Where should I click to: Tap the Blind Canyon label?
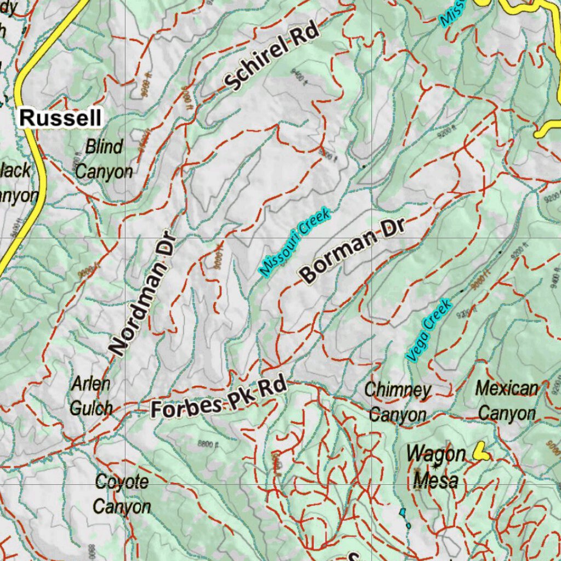pyautogui.click(x=104, y=159)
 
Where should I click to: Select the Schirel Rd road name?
pyautogui.click(x=272, y=58)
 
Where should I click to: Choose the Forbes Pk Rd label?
pyautogui.click(x=219, y=398)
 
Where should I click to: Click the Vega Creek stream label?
pyautogui.click(x=429, y=329)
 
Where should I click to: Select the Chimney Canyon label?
pyautogui.click(x=398, y=402)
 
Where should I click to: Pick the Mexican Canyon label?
pyautogui.click(x=507, y=400)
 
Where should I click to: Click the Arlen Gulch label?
pyautogui.click(x=91, y=396)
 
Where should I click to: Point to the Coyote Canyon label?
pyautogui.click(x=122, y=494)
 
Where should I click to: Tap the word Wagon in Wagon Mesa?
pyautogui.click(x=436, y=454)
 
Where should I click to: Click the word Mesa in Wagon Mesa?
pyautogui.click(x=436, y=480)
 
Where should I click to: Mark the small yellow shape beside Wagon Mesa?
pyautogui.click(x=482, y=451)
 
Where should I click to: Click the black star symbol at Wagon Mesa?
pyautogui.click(x=436, y=466)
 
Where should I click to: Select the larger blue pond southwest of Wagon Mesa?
pyautogui.click(x=403, y=512)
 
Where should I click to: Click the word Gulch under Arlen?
pyautogui.click(x=91, y=408)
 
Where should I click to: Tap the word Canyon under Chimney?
pyautogui.click(x=398, y=415)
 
